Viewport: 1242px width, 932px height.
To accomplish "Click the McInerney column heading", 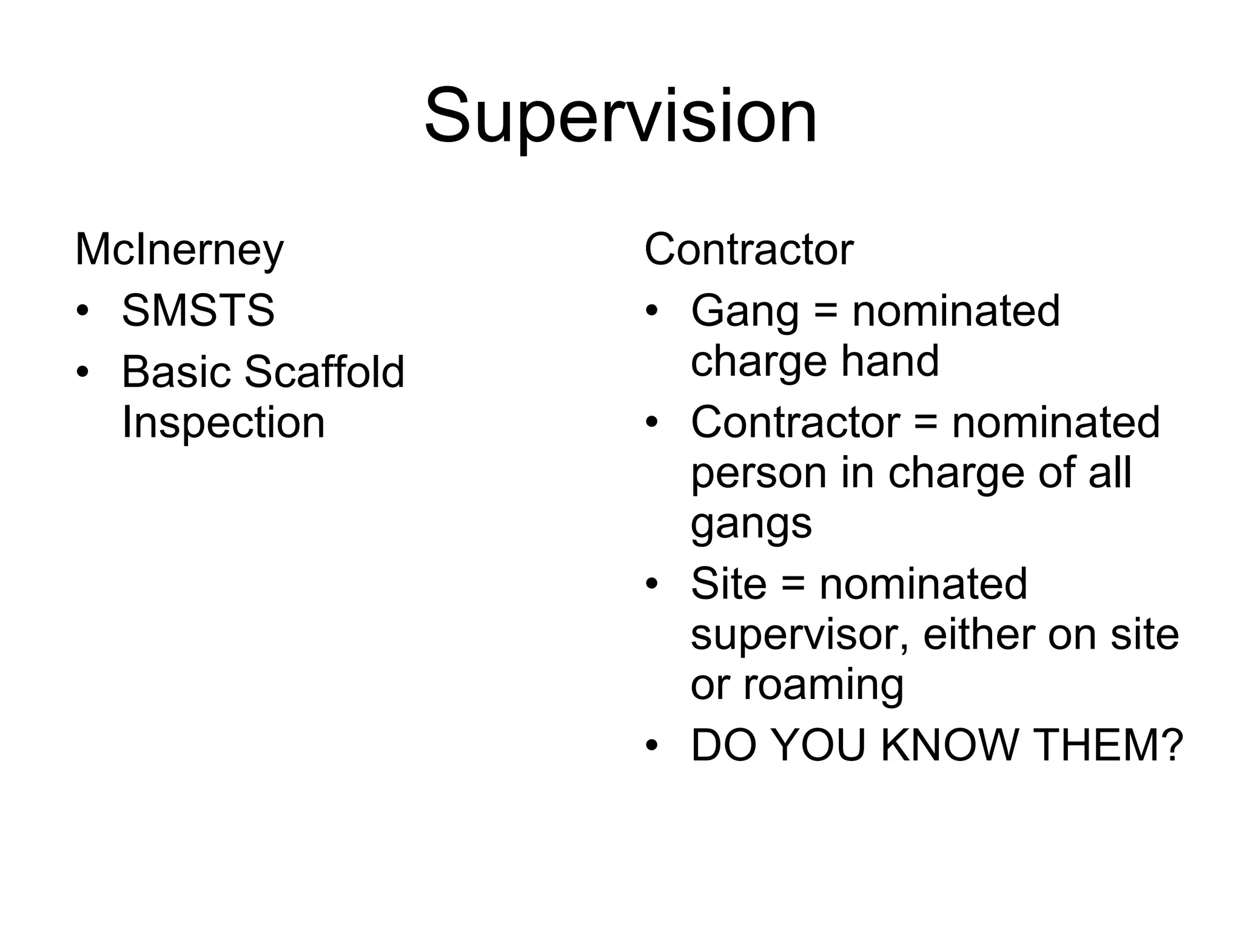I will point(180,249).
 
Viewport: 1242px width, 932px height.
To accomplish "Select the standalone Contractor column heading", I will point(748,249).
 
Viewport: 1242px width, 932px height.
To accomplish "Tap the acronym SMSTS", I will point(198,311).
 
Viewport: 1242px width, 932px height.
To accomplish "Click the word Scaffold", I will point(324,371).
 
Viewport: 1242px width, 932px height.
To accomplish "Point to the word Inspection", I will point(223,422).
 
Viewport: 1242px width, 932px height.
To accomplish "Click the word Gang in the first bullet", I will point(745,311).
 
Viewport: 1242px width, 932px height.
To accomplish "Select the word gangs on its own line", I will point(751,524).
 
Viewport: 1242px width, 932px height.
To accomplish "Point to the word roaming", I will point(824,686).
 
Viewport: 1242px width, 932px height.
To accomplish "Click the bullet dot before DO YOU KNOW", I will point(651,746).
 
